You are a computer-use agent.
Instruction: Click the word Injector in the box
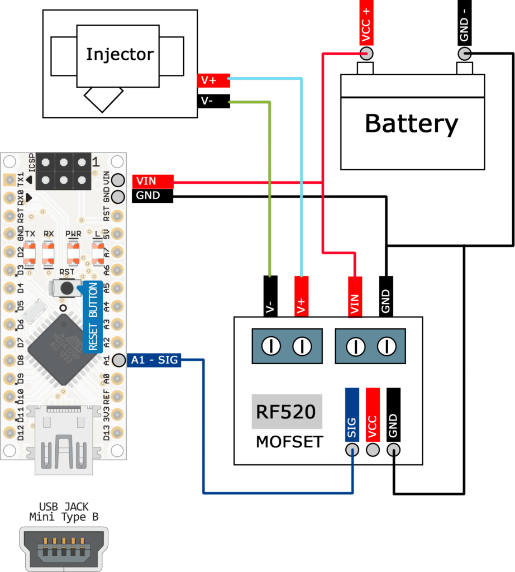[120, 54]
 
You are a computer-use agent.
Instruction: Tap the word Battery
[411, 123]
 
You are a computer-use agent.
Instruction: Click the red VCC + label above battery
[366, 23]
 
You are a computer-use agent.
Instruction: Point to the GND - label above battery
[463, 28]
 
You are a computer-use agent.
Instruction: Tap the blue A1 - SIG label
[154, 360]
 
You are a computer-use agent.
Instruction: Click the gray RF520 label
[286, 412]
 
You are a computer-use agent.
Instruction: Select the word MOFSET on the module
[289, 442]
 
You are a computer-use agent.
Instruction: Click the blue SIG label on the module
[352, 414]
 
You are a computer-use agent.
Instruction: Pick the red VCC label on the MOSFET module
[373, 414]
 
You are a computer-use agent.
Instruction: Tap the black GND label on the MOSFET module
[393, 414]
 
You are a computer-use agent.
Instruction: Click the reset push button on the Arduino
[67, 288]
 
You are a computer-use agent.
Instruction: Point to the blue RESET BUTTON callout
[92, 317]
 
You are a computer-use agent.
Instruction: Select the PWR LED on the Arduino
[73, 254]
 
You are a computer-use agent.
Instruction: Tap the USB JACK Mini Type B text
[64, 512]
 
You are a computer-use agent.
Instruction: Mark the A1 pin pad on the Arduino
[118, 360]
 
